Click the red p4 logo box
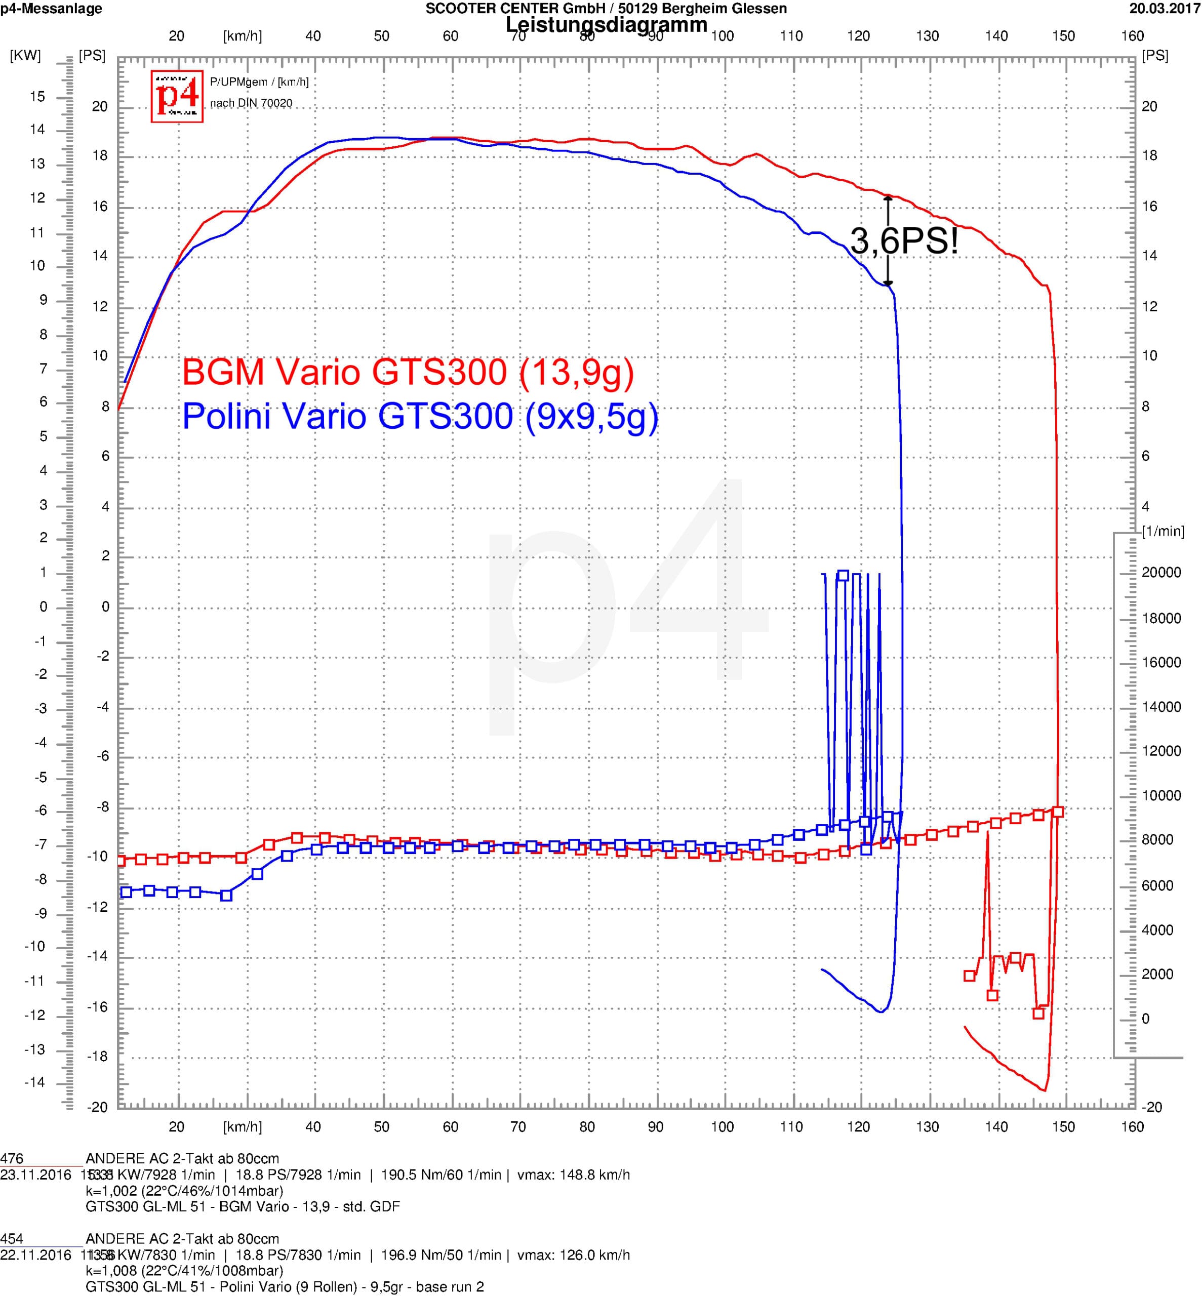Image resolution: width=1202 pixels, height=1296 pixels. (177, 96)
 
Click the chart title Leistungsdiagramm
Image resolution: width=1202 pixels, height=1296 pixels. (606, 25)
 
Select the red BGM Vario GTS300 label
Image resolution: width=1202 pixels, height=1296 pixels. (408, 373)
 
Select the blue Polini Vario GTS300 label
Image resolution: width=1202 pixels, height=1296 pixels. (420, 416)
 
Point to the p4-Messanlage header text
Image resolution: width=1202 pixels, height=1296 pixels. (51, 9)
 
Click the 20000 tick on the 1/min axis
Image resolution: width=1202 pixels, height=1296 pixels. (1161, 572)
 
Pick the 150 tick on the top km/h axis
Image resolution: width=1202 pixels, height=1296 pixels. (1063, 36)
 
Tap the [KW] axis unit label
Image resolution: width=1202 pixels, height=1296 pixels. (25, 56)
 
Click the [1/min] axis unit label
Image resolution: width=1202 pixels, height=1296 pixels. (1163, 531)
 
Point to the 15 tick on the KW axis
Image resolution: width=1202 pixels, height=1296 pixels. (37, 97)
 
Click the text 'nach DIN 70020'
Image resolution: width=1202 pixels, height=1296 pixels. (251, 103)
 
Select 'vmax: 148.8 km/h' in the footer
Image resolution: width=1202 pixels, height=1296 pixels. (573, 1175)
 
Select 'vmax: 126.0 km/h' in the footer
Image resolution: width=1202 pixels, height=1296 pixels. (573, 1255)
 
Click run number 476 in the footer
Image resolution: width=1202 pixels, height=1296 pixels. (12, 1159)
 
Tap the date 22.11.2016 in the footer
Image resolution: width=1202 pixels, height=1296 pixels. (36, 1255)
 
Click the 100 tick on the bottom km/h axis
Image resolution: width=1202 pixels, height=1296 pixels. (722, 1127)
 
